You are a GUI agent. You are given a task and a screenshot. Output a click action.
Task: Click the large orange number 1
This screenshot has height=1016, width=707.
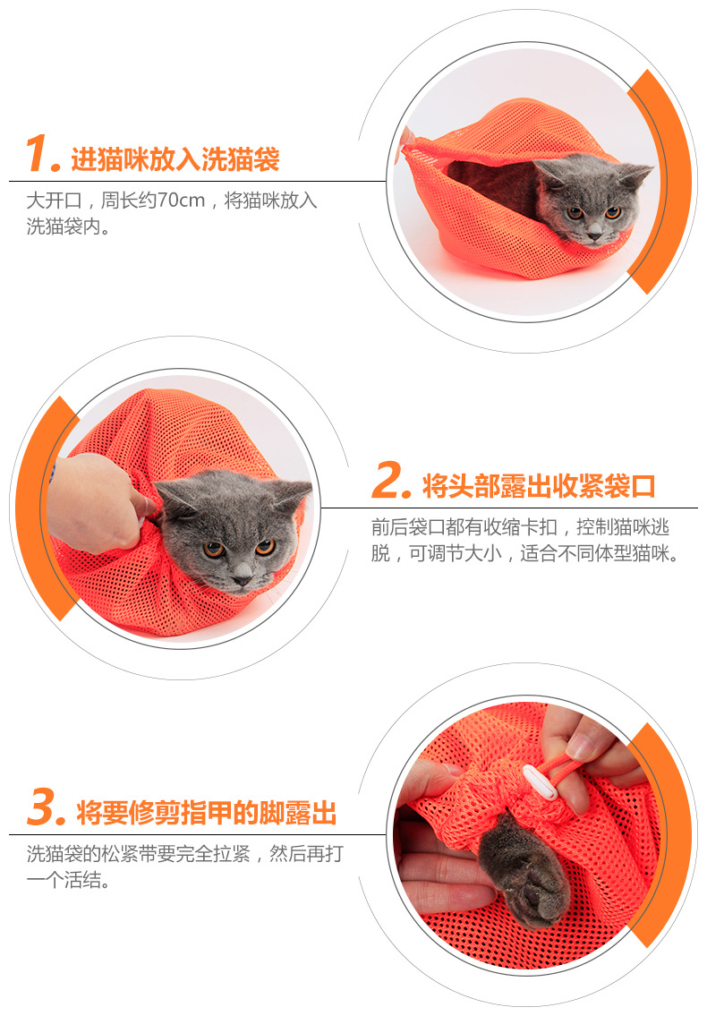click(x=41, y=154)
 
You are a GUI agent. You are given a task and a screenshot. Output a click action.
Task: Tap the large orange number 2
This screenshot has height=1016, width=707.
click(x=391, y=480)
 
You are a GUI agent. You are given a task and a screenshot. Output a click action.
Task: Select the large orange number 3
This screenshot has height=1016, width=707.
click(x=46, y=807)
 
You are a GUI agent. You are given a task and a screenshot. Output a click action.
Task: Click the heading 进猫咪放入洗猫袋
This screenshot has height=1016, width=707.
click(x=175, y=159)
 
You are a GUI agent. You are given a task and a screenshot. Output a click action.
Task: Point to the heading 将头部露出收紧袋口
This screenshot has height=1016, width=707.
click(x=539, y=486)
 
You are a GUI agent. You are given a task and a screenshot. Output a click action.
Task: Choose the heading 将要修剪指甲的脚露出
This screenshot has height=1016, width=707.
click(x=207, y=813)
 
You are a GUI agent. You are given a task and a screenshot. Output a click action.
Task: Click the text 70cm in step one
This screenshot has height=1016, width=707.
click(x=181, y=201)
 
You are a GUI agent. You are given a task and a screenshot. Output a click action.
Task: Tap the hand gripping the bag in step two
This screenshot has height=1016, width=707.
click(x=98, y=503)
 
